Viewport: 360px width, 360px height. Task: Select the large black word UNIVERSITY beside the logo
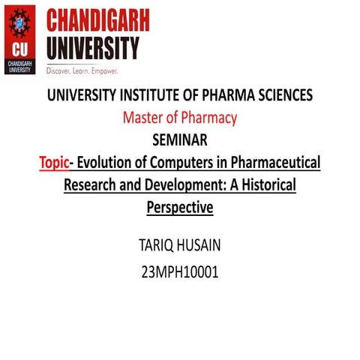[x=92, y=49]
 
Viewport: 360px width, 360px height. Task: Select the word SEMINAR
[x=180, y=139]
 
